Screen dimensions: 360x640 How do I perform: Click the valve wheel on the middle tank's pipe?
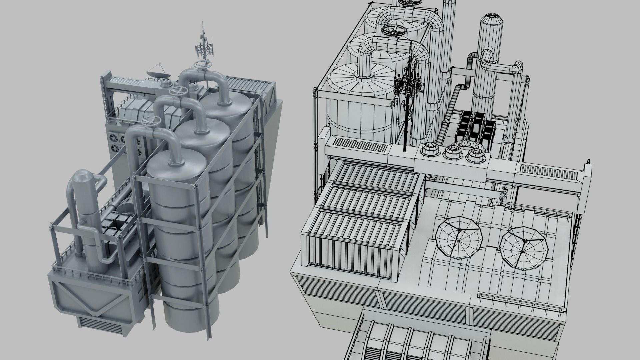coord(177,91)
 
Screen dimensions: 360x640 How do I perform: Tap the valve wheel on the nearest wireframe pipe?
coord(394,31)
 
